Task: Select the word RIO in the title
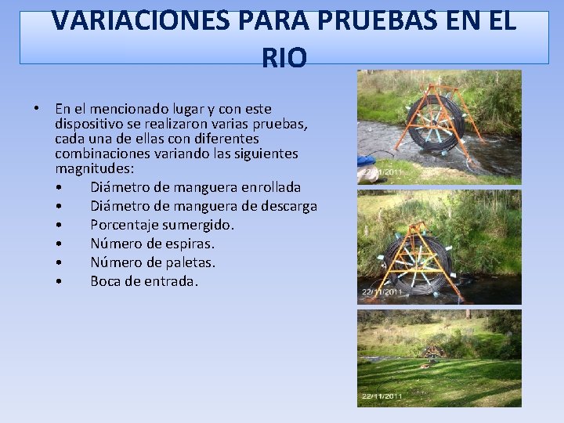(x=284, y=59)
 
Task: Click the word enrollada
(x=269, y=188)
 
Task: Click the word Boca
(x=108, y=280)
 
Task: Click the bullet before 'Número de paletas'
(x=60, y=262)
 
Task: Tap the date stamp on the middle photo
(x=381, y=292)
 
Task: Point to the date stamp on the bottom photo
(x=381, y=396)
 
